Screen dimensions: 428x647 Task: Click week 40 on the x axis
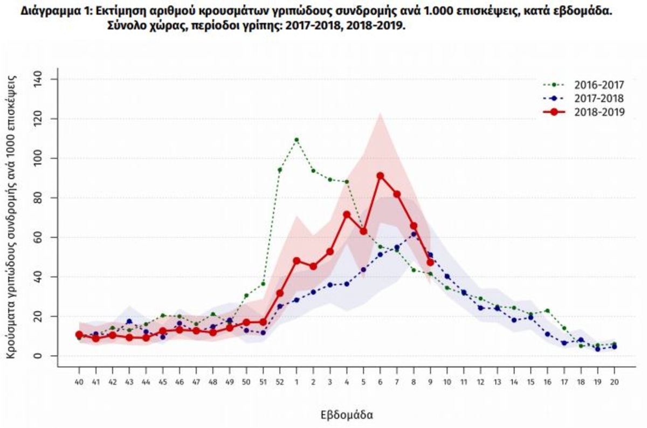[79, 381]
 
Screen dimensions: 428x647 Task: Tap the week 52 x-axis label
[280, 381]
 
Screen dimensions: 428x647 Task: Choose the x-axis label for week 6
[380, 381]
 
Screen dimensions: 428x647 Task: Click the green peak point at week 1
[297, 140]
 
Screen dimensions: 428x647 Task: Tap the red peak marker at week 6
[380, 176]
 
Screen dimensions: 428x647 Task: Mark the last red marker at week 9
[430, 263]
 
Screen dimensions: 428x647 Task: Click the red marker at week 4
[347, 215]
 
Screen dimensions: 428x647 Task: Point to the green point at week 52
[280, 170]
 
